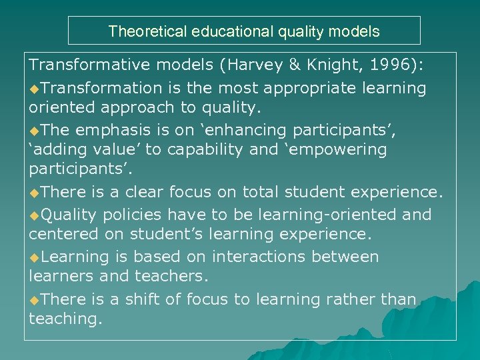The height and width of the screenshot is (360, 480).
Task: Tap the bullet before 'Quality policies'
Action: (x=35, y=215)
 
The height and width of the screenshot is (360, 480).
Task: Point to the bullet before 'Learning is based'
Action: (x=35, y=257)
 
